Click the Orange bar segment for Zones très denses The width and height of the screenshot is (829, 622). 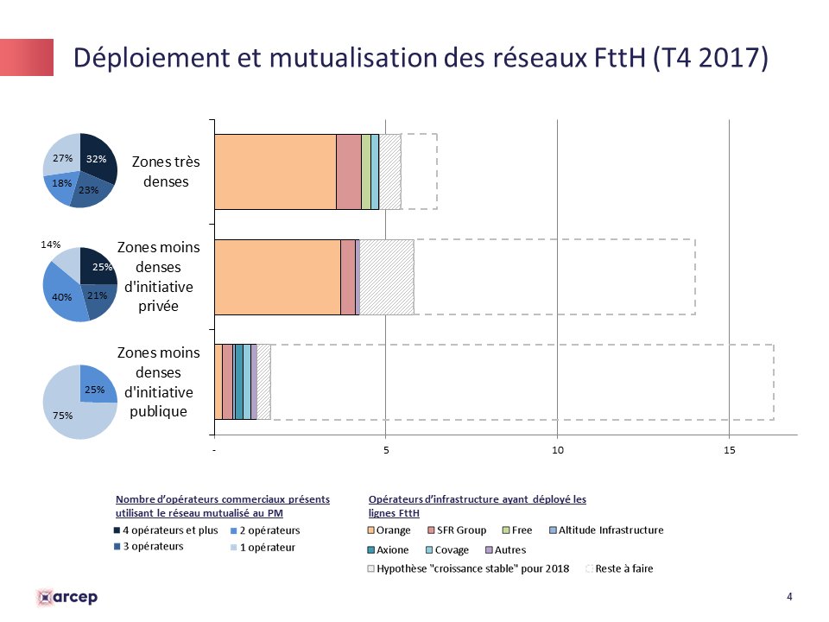coord(275,171)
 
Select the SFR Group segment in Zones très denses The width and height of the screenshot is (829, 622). coord(348,171)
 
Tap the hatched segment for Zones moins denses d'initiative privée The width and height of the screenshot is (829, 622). coord(386,276)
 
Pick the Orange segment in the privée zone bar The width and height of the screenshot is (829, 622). coord(276,276)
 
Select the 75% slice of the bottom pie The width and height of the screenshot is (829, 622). coord(73,414)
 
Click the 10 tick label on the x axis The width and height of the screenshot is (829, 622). coord(558,450)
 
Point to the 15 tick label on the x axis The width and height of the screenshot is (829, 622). coord(730,450)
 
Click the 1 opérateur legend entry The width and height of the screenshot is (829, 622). coord(266,547)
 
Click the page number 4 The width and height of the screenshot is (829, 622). coord(789,596)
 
